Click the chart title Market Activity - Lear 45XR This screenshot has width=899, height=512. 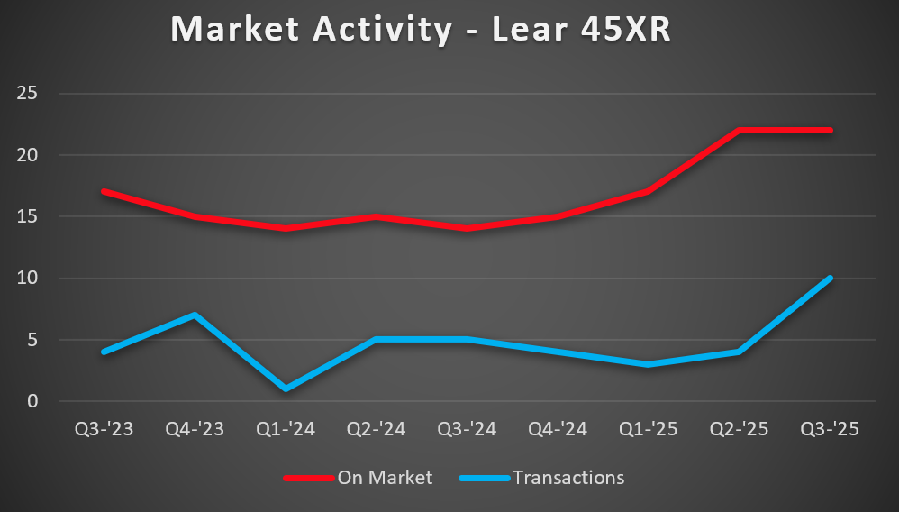coord(422,30)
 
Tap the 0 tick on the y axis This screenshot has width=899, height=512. coord(32,401)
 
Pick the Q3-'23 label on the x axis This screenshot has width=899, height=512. coord(104,429)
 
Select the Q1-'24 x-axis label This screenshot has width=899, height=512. coord(286,429)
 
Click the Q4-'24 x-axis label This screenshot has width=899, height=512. coord(558,429)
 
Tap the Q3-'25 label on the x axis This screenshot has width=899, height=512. coord(830,429)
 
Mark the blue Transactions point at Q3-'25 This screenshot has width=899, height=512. coord(830,278)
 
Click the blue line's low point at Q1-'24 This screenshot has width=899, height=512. coord(286,389)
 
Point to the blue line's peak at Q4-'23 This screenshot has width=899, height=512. coord(195,315)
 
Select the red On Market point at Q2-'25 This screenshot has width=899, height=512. coord(739,130)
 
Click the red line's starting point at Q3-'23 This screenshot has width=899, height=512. coord(104,191)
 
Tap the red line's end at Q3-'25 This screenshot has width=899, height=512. coord(830,130)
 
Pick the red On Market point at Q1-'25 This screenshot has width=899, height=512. coord(648,191)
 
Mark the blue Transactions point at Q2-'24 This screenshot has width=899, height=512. coord(376,340)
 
